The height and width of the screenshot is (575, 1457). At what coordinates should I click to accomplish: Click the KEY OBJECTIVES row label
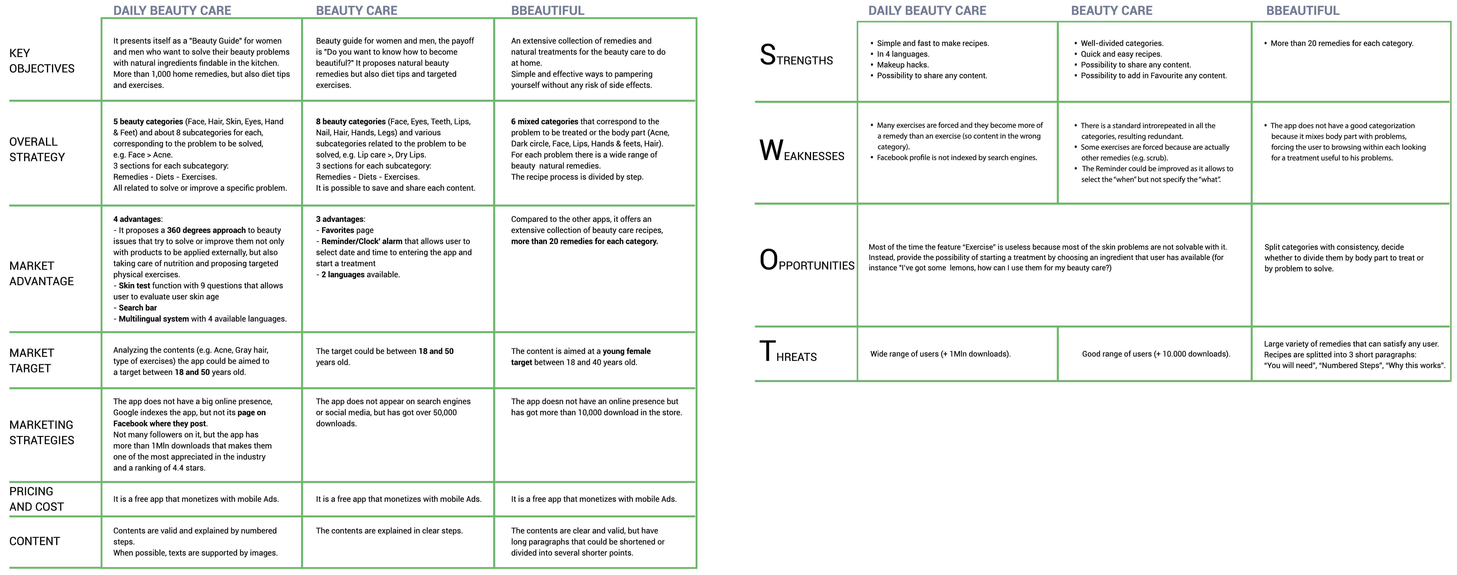click(x=42, y=60)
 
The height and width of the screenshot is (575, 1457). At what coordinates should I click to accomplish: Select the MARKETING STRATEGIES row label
click(x=42, y=432)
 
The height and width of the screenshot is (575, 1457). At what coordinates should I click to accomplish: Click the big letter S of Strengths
click(x=768, y=55)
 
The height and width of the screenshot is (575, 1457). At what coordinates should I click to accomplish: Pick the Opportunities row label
click(x=807, y=260)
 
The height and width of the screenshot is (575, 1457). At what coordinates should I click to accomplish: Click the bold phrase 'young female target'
click(x=581, y=357)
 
